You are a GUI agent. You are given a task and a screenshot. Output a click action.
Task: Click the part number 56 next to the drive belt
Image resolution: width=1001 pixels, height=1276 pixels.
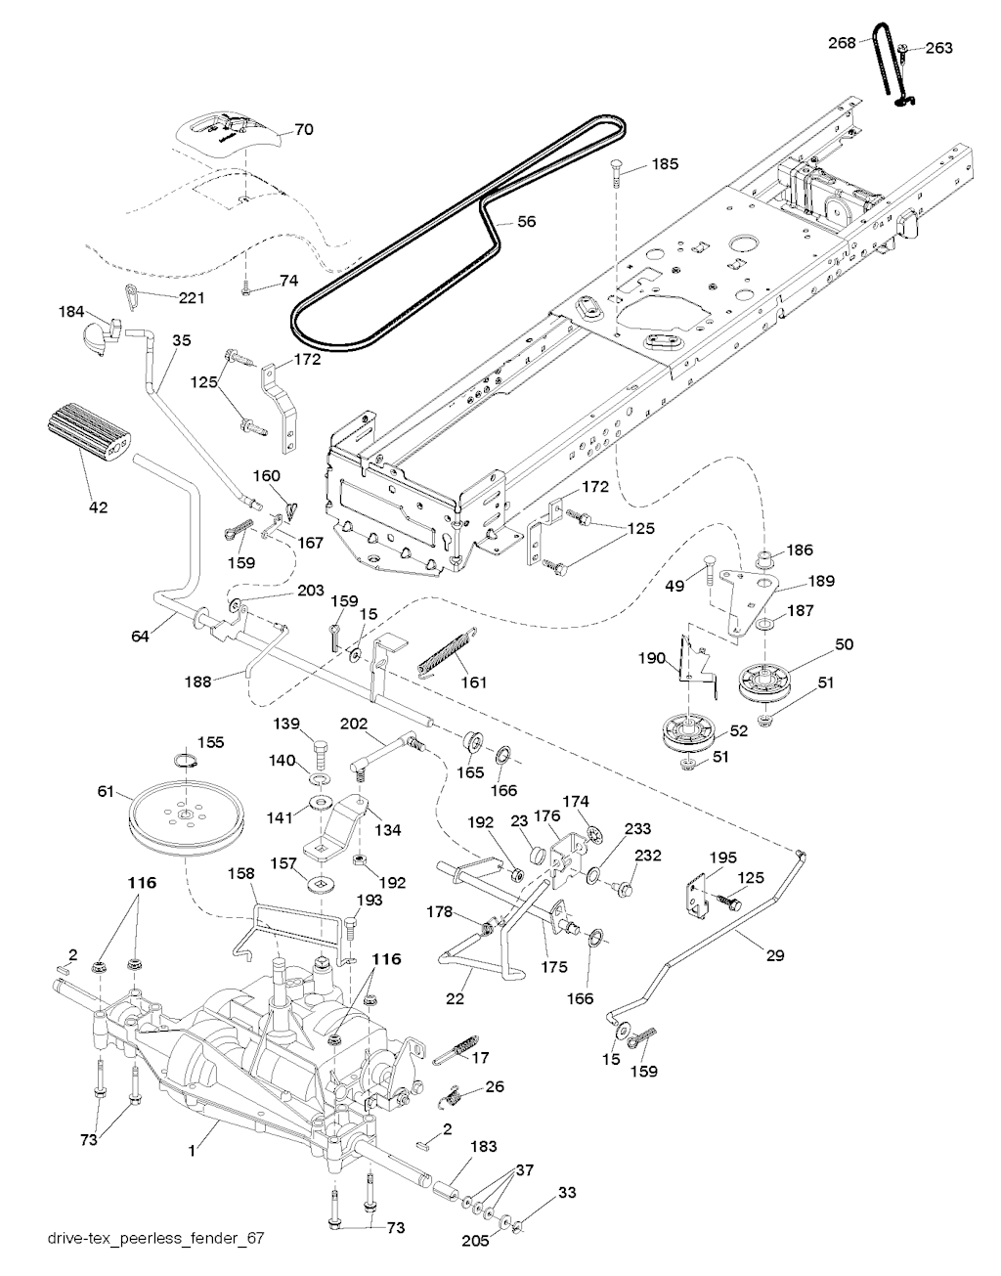coord(526,222)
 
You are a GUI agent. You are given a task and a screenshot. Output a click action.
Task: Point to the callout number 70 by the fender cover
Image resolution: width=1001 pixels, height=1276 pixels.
coord(304,129)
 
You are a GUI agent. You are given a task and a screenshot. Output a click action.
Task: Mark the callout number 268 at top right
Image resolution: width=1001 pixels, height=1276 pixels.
coord(841,42)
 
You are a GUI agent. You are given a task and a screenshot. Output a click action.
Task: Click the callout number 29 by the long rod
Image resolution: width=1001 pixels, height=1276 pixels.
coord(774,955)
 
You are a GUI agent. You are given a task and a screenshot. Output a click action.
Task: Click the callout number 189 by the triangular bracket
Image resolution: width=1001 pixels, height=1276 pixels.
coord(821,581)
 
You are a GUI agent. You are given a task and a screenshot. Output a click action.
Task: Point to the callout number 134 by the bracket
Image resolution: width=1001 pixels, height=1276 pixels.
coord(388,830)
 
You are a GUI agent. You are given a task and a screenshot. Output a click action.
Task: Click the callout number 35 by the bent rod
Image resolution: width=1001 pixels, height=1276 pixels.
coord(182,340)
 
